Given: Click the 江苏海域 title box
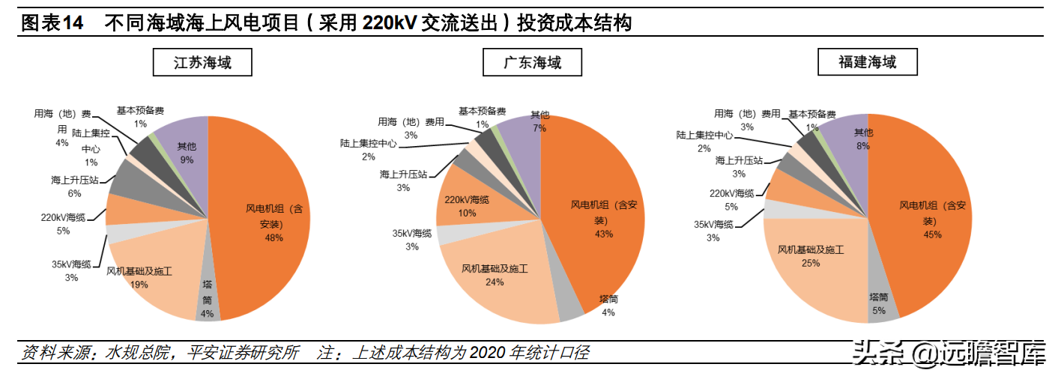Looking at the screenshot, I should pos(202,62).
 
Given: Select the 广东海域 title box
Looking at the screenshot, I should pos(532,62).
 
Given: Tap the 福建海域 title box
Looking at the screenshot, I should pos(867,62).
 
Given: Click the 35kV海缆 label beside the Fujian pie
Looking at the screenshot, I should pos(713,224).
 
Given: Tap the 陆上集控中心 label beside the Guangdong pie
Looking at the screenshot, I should pos(368,143).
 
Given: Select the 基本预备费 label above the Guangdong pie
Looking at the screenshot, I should pos(482,111).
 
